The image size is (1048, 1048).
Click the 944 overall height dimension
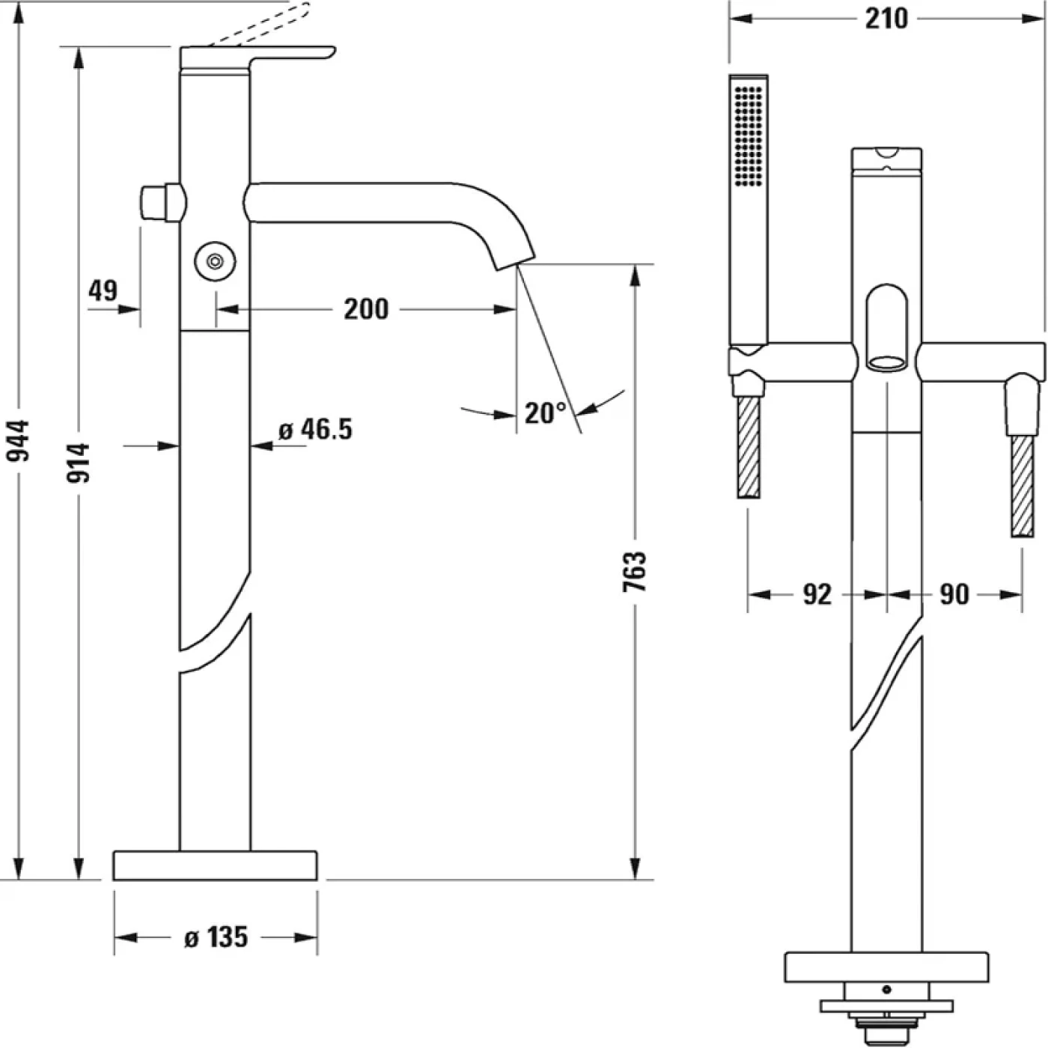point(17,451)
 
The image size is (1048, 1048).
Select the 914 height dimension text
point(78,462)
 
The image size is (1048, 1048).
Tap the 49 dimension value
point(103,290)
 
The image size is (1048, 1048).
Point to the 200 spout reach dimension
point(366,308)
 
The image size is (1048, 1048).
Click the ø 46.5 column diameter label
point(315,430)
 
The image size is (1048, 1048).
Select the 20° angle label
point(545,412)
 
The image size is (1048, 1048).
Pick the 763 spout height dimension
point(635,572)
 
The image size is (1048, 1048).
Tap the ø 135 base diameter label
point(216,936)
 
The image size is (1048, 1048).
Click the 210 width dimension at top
point(886,19)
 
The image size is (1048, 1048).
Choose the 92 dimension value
point(817,594)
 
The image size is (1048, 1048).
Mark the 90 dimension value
point(954,594)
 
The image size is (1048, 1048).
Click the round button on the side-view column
point(215,261)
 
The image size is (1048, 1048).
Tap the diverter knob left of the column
point(161,203)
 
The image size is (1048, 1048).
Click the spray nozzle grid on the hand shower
point(749,135)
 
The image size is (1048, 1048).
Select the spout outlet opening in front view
point(886,364)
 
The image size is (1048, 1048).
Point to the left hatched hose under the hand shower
point(748,447)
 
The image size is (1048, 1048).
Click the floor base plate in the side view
point(215,865)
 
